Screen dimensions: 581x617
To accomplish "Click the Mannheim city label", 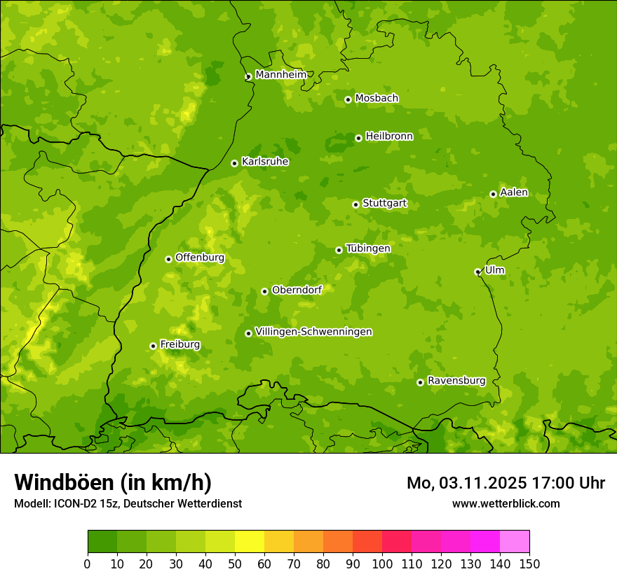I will (281, 75).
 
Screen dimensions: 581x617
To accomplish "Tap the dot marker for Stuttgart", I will (355, 204).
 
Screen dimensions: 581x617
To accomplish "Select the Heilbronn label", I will (389, 136).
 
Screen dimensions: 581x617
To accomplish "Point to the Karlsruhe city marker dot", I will (234, 163).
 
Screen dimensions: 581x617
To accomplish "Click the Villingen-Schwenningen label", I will (313, 332).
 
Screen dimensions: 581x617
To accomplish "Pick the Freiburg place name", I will (179, 344).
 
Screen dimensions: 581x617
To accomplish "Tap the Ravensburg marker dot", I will (420, 382).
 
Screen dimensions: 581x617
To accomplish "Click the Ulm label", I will (494, 270).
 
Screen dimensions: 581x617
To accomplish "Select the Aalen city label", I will (514, 192).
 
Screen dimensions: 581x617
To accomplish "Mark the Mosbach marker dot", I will (348, 99).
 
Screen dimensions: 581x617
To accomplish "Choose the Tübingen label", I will (368, 248).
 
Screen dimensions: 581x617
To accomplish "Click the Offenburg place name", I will (200, 258).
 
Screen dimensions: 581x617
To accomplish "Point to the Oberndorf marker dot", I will (264, 291).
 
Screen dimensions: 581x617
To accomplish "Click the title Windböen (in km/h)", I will (113, 482).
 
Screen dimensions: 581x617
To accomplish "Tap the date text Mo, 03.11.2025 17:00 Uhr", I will (506, 483).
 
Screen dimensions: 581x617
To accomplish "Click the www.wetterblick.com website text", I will (506, 503).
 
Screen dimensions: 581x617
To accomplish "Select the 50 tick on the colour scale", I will (235, 563).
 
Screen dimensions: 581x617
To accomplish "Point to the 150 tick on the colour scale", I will (529, 563).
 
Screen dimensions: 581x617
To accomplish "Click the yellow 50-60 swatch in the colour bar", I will (250, 542).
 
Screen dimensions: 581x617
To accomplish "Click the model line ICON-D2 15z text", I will (128, 503).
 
